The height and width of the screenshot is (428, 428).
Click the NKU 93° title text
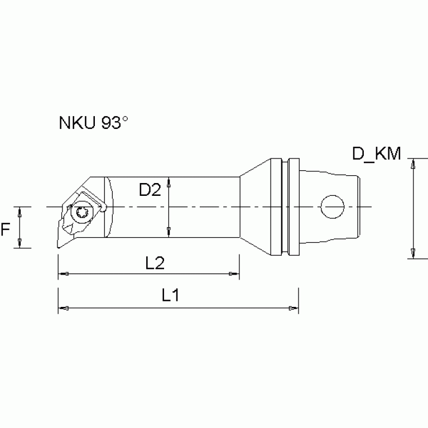point(94,123)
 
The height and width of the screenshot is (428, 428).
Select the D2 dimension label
point(150,190)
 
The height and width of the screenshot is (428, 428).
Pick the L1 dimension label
point(170,296)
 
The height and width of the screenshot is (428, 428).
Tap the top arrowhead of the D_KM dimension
point(413,163)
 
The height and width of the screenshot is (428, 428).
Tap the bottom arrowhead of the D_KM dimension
point(413,254)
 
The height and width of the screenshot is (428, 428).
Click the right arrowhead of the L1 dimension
point(294,307)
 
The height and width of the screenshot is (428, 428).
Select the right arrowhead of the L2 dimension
point(234,273)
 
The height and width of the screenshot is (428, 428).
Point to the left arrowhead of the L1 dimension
point(63,307)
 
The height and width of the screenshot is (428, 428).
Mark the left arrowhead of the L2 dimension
point(63,273)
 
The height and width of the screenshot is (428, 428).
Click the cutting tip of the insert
point(57,247)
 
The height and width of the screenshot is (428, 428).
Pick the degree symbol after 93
point(126,119)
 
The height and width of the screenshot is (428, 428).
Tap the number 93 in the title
point(110,123)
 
